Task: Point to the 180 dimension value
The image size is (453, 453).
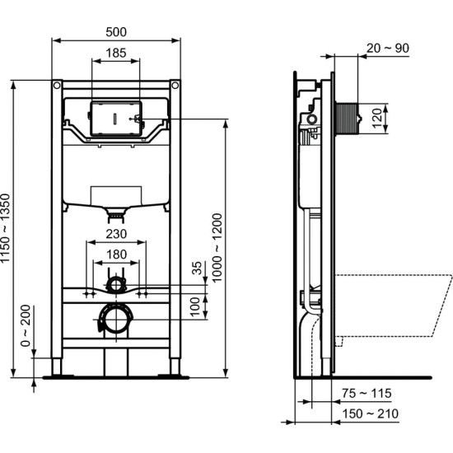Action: [x=117, y=255]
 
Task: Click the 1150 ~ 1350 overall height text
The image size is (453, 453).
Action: [x=7, y=227]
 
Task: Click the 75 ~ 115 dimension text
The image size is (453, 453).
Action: [x=368, y=394]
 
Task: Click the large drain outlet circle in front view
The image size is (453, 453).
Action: [x=116, y=318]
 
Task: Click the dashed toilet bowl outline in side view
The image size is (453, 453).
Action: [x=395, y=305]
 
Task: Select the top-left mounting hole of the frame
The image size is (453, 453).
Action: [x=56, y=85]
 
